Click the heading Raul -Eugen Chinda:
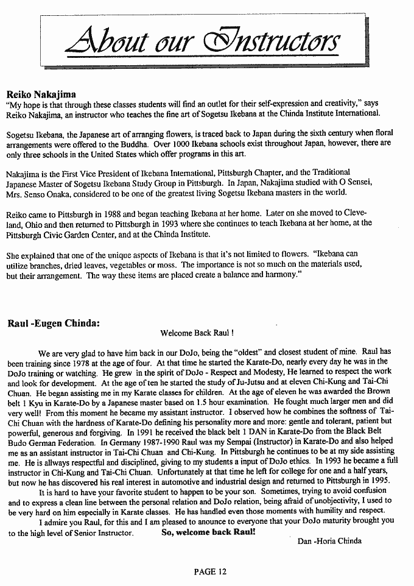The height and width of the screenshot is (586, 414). (54, 323)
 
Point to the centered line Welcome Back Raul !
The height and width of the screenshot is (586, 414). (197, 334)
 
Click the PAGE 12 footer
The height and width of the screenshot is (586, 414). (210, 571)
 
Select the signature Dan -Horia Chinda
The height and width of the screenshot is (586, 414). (329, 540)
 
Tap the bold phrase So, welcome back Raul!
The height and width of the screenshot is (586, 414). (208, 532)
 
